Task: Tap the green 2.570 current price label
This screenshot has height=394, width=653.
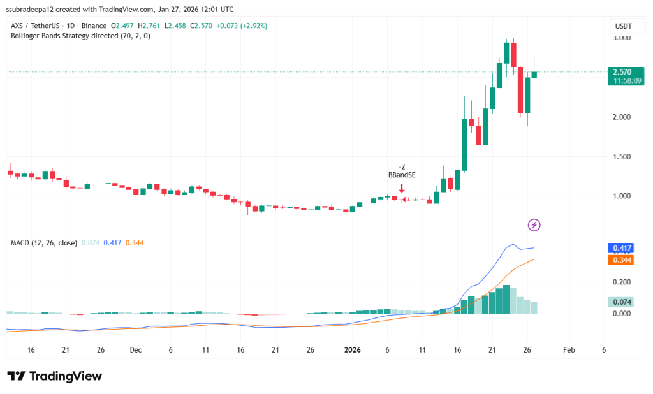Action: point(621,72)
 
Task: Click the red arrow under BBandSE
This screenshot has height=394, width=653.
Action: point(402,188)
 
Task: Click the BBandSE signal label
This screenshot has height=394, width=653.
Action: point(402,174)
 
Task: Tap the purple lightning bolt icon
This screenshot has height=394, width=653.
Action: point(534,224)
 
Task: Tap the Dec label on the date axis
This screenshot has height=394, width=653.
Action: point(135,350)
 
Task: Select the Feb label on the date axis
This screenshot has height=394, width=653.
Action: point(569,350)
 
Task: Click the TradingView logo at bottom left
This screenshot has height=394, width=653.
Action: point(55,376)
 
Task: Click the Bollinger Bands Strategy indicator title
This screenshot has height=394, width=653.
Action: point(80,36)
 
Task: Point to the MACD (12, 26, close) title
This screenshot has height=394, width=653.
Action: point(44,243)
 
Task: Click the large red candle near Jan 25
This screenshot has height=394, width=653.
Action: point(520,89)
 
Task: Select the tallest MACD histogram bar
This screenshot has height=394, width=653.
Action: point(506,300)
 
